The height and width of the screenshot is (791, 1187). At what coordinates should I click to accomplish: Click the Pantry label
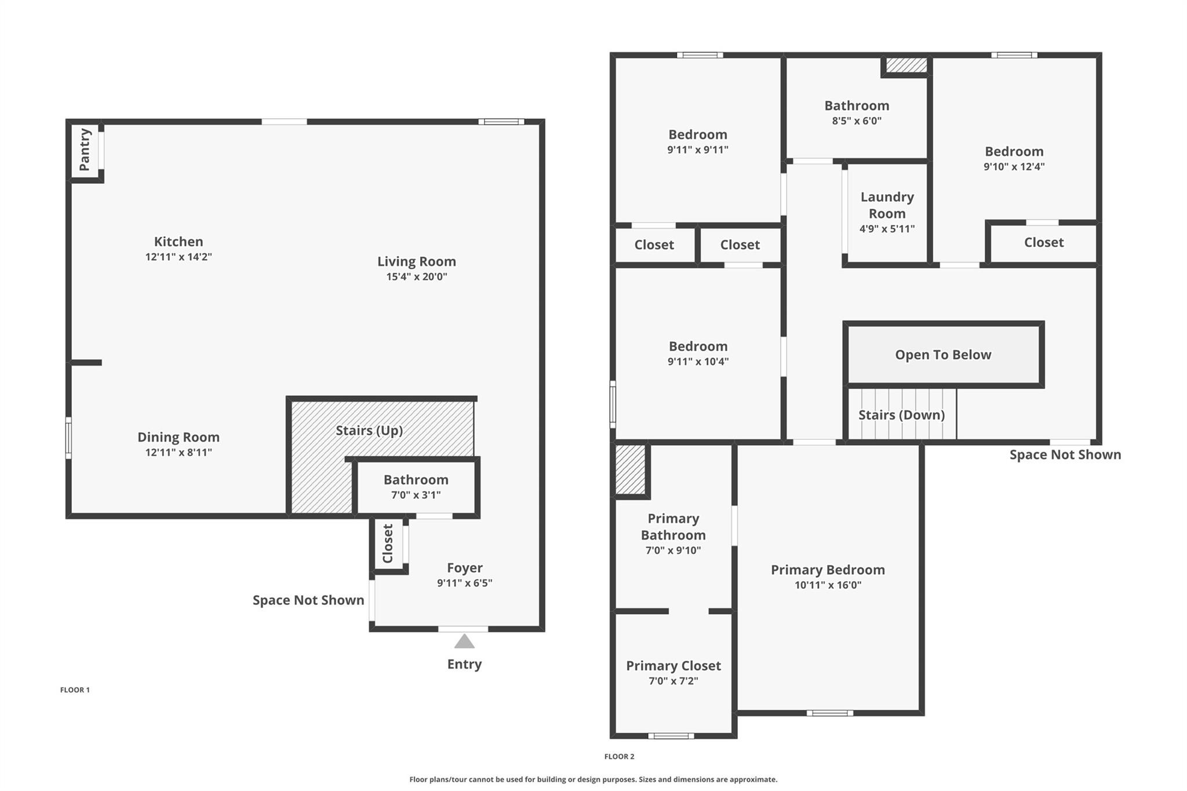tap(85, 150)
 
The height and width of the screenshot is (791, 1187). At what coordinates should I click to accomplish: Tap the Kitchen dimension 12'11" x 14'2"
tap(179, 257)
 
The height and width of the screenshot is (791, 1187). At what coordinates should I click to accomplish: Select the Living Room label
tap(416, 261)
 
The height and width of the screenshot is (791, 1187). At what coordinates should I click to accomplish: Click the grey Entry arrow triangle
tap(464, 641)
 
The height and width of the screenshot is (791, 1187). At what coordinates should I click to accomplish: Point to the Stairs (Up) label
tap(369, 431)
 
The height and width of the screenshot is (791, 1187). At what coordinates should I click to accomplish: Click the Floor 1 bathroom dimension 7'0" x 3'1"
tap(416, 495)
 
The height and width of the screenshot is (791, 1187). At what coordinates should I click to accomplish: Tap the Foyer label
tap(464, 568)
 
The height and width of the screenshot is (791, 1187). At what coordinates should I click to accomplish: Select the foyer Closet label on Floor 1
tap(388, 544)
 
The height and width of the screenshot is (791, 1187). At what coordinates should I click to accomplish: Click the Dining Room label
tap(179, 437)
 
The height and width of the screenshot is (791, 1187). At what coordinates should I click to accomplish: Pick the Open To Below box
tap(943, 355)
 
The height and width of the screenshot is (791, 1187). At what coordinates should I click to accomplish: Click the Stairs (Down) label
tap(901, 415)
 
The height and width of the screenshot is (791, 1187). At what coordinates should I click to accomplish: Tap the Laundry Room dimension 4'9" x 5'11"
tap(887, 229)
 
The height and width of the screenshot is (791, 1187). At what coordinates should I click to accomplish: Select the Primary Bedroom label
tap(828, 570)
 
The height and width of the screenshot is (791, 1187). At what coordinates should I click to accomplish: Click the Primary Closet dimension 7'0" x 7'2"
tap(673, 681)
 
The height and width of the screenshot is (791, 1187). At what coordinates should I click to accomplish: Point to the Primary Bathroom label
tap(673, 526)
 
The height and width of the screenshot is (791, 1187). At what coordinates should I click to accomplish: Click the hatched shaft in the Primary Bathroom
tap(630, 469)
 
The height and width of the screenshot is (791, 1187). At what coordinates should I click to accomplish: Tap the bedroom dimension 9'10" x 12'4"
tap(1014, 167)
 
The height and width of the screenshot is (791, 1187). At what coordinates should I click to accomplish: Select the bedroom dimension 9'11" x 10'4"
tap(698, 362)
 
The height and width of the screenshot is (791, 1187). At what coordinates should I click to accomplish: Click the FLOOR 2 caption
tap(619, 756)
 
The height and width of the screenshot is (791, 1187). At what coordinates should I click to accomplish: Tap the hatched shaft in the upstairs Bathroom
tap(906, 65)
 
